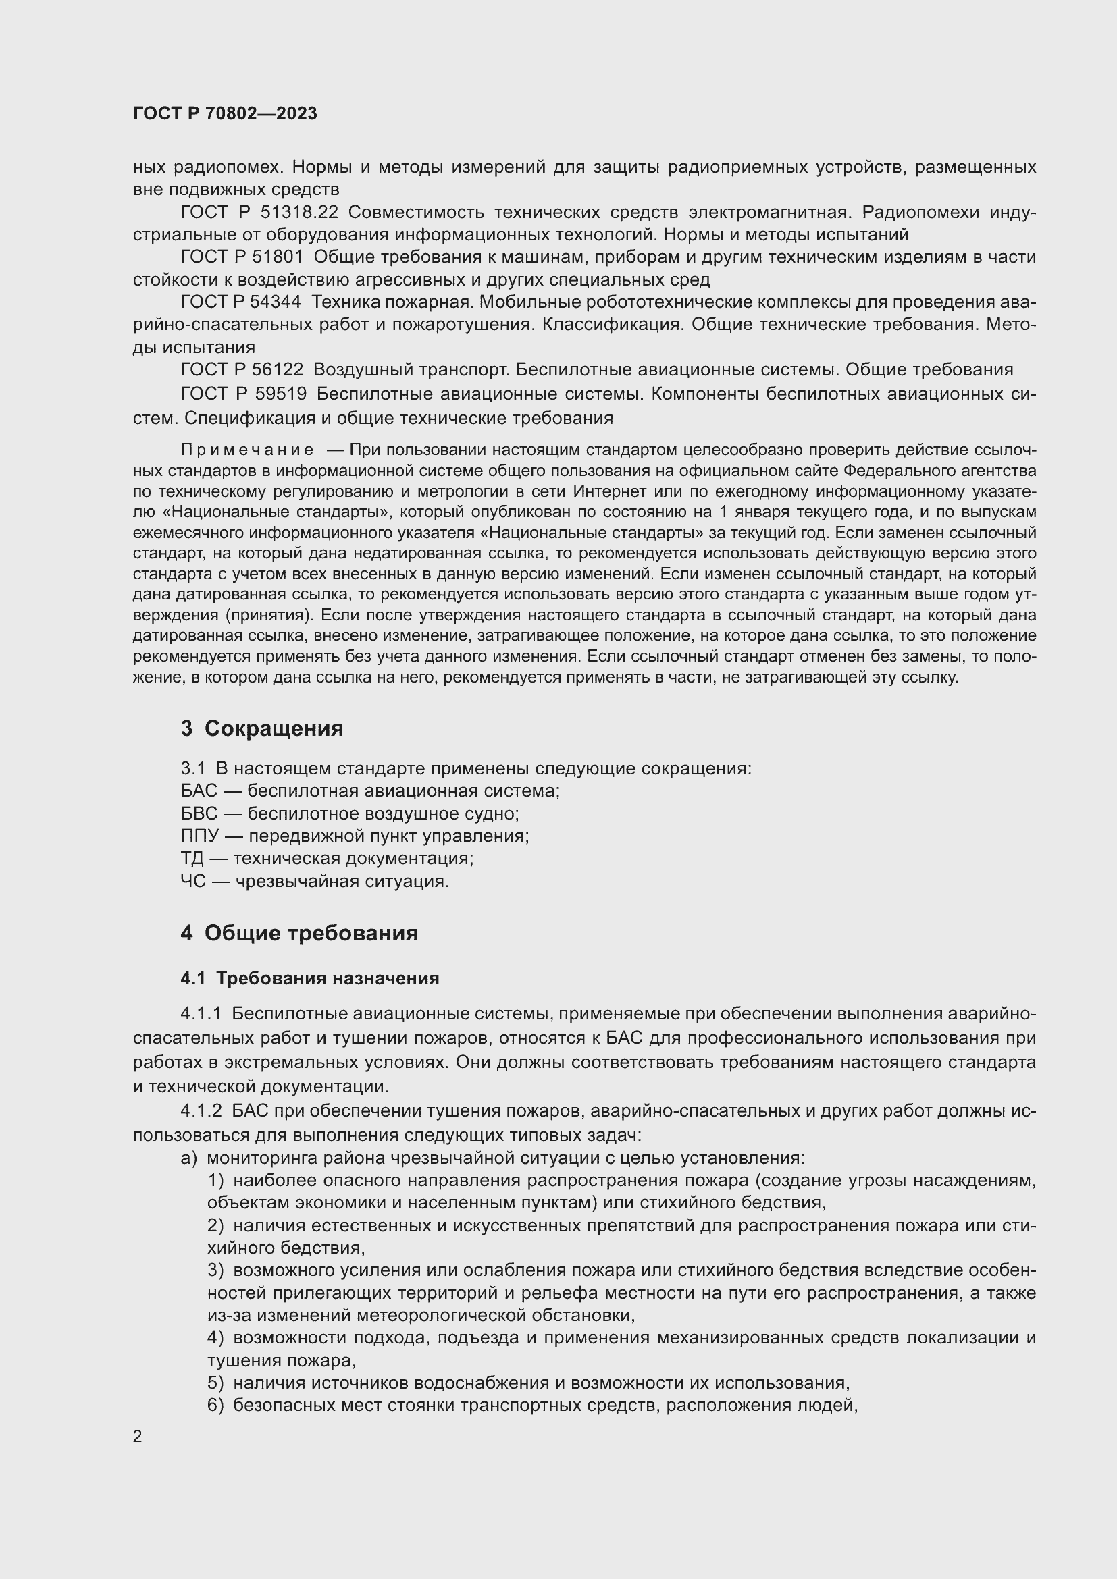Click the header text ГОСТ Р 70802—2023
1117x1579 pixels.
click(x=225, y=113)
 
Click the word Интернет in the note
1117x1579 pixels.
click(x=607, y=491)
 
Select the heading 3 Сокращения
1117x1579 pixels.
click(x=262, y=728)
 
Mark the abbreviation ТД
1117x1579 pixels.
click(x=192, y=858)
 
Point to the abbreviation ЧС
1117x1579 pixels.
click(x=193, y=881)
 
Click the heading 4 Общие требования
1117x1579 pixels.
click(x=299, y=933)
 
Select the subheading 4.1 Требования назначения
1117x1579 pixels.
click(x=309, y=978)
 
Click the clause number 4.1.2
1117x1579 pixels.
click(x=201, y=1110)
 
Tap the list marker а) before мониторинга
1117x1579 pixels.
click(x=188, y=1158)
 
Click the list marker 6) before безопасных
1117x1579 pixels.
click(x=215, y=1405)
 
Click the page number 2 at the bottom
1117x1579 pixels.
click(x=138, y=1437)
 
